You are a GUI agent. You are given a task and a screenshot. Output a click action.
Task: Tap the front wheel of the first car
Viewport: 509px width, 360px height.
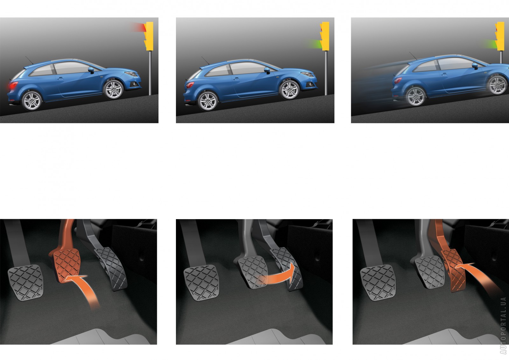pyautogui.click(x=113, y=89)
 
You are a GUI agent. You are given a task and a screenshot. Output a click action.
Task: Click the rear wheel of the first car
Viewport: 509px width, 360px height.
pyautogui.click(x=32, y=101)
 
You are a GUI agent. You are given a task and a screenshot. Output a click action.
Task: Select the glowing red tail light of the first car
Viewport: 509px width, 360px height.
pyautogui.click(x=13, y=86)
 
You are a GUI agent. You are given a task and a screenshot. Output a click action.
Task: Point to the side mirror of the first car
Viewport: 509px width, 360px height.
pyautogui.click(x=91, y=70)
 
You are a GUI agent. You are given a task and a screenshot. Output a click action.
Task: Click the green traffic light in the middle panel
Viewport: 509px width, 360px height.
pyautogui.click(x=320, y=44)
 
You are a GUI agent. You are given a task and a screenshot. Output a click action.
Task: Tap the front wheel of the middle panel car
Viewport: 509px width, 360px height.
pyautogui.click(x=289, y=90)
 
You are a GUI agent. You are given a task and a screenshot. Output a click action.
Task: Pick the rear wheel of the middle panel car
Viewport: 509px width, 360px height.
pyautogui.click(x=208, y=101)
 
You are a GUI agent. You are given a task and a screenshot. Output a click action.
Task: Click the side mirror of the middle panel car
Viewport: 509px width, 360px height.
pyautogui.click(x=267, y=70)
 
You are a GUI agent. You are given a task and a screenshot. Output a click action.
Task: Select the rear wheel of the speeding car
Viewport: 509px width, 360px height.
pyautogui.click(x=415, y=96)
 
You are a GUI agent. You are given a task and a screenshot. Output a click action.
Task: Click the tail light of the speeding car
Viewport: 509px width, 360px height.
pyautogui.click(x=398, y=80)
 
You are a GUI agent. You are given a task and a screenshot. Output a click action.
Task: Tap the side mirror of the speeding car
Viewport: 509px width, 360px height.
pyautogui.click(x=475, y=66)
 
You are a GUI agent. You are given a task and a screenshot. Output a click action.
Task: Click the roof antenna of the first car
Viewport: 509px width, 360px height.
pyautogui.click(x=29, y=60)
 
